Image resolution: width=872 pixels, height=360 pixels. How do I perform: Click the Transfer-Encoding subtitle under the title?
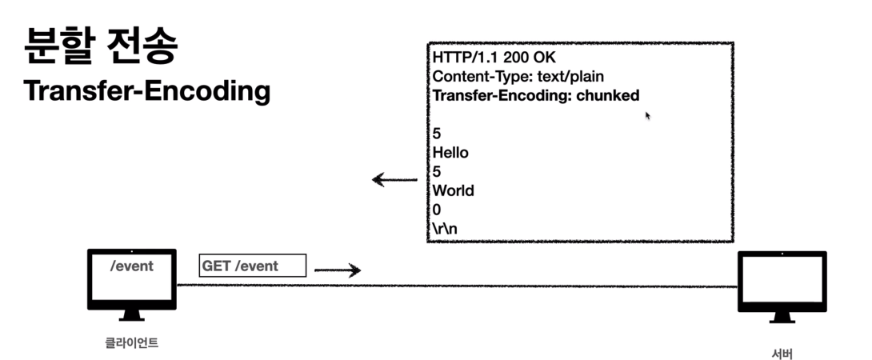coord(146,91)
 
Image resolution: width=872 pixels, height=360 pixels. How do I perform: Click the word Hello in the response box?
coord(450,152)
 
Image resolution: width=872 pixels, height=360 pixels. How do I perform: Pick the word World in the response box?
coord(453,190)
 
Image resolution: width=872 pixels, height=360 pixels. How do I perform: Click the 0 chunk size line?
coord(437,210)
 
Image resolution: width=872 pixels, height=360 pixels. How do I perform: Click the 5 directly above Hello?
coord(437,134)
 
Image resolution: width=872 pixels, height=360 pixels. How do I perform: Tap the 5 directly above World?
coord(437,171)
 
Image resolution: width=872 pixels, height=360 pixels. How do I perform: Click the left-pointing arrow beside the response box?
coord(394,181)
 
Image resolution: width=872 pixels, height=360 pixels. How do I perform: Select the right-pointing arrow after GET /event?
coord(338,270)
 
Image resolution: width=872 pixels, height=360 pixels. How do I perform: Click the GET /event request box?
coord(252,266)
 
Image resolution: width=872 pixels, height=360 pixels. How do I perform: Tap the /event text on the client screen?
coord(131,266)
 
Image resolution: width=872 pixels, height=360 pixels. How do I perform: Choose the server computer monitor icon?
coord(782,286)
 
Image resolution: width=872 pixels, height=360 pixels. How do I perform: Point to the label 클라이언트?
coord(131,343)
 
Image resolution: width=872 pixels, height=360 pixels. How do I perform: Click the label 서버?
coord(782,351)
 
